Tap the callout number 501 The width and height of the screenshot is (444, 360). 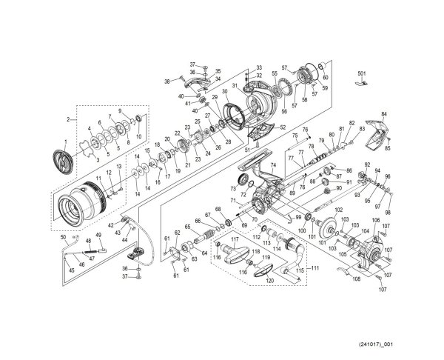362,74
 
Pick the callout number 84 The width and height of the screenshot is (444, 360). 384,114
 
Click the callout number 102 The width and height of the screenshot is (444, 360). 340,210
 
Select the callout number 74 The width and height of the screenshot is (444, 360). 272,166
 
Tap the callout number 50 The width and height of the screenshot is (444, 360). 64,236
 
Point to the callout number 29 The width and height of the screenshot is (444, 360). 215,98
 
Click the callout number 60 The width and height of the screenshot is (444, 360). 326,76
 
